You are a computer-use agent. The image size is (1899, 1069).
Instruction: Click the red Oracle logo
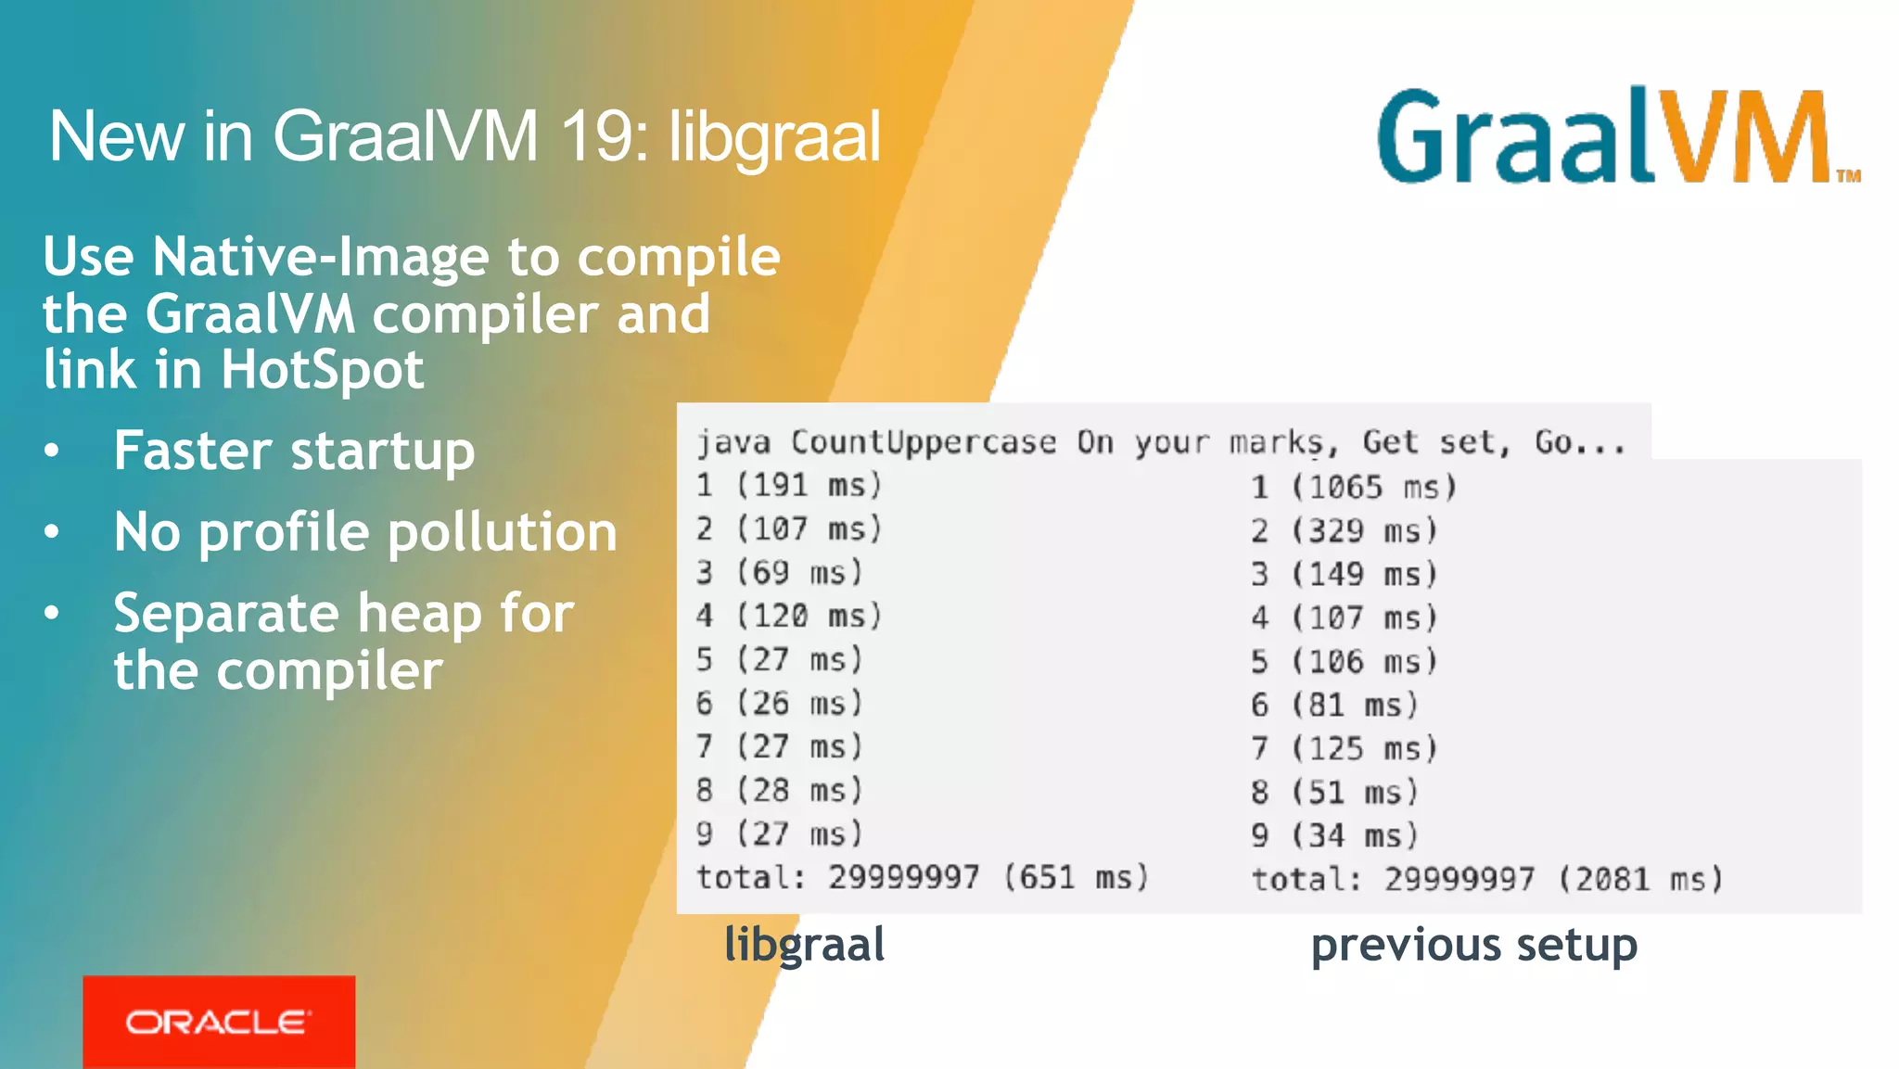point(219,1021)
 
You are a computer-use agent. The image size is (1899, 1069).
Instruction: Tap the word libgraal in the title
point(774,137)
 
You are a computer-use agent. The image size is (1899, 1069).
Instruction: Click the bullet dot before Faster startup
point(52,451)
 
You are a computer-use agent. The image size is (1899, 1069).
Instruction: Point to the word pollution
point(502,532)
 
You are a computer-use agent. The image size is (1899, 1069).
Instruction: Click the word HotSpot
point(322,370)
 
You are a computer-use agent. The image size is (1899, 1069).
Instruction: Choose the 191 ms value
point(809,485)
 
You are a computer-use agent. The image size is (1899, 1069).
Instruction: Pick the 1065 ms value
point(1373,488)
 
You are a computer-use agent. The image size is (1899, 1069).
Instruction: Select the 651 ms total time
point(1076,877)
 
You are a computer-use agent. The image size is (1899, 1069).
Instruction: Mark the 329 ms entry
point(1364,531)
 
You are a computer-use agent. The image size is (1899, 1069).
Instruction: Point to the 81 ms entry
point(1355,706)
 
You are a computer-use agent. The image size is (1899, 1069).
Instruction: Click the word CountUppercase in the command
point(923,442)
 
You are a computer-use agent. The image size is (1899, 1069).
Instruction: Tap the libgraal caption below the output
point(804,945)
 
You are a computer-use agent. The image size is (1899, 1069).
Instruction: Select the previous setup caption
point(1473,946)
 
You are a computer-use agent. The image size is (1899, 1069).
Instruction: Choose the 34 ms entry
point(1355,836)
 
